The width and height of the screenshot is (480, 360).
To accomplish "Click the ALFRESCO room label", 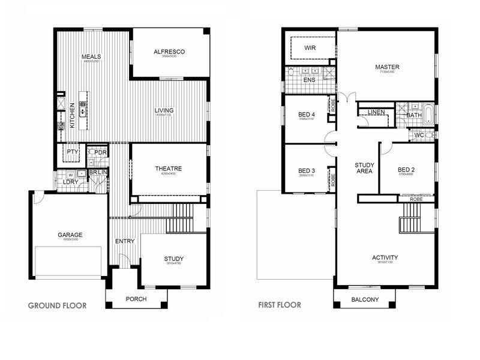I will (169, 52).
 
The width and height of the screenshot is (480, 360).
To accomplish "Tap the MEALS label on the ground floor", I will (91, 57).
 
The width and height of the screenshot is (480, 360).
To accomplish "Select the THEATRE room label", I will (168, 169).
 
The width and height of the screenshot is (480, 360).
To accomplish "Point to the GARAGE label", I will (70, 235).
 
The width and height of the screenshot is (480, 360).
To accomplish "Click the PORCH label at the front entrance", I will (136, 299).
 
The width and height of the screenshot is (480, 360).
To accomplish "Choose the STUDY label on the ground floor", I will (174, 259).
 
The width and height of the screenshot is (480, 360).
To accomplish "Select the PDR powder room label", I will (100, 152).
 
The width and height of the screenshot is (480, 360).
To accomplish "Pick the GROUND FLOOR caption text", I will (58, 305).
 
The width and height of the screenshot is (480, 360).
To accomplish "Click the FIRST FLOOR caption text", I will (280, 305).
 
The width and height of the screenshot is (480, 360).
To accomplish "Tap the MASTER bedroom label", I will (388, 67).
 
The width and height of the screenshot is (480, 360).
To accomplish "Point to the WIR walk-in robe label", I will (310, 47).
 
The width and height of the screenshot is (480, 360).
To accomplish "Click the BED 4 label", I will (307, 115).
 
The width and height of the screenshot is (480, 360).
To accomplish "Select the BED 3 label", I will (307, 171).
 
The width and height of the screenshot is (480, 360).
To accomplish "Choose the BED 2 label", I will (406, 170).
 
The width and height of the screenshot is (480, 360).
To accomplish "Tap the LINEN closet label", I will (376, 112).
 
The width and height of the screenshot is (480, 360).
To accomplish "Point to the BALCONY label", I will (365, 299).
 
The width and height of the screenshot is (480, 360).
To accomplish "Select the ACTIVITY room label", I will (384, 257).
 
